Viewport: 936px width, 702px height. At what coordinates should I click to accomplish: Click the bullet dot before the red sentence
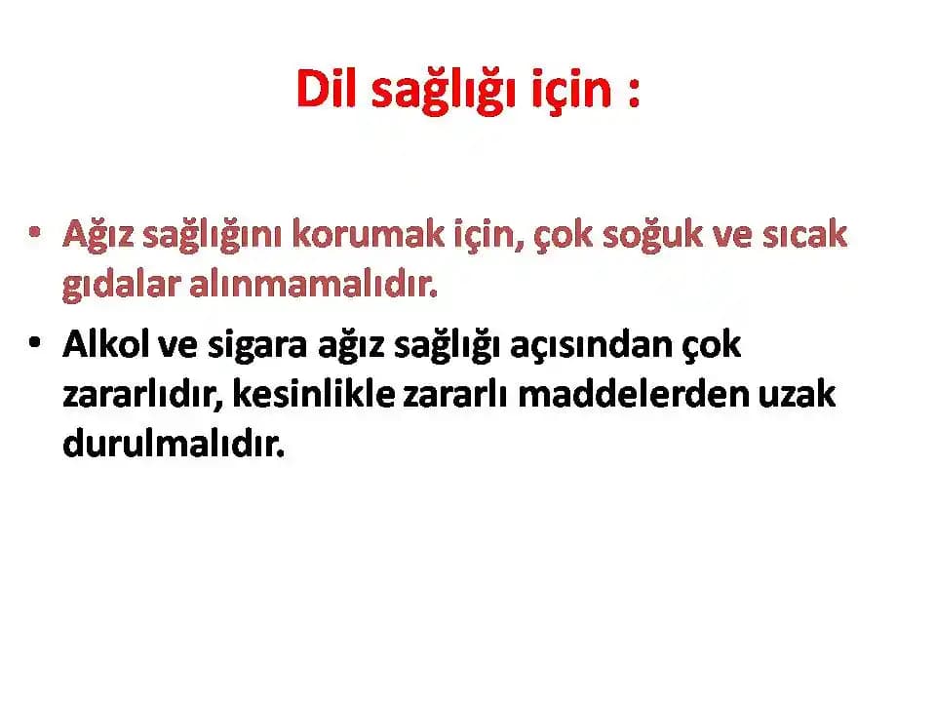pyautogui.click(x=36, y=235)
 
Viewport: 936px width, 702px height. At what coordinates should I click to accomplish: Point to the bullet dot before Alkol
pyautogui.click(x=36, y=344)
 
